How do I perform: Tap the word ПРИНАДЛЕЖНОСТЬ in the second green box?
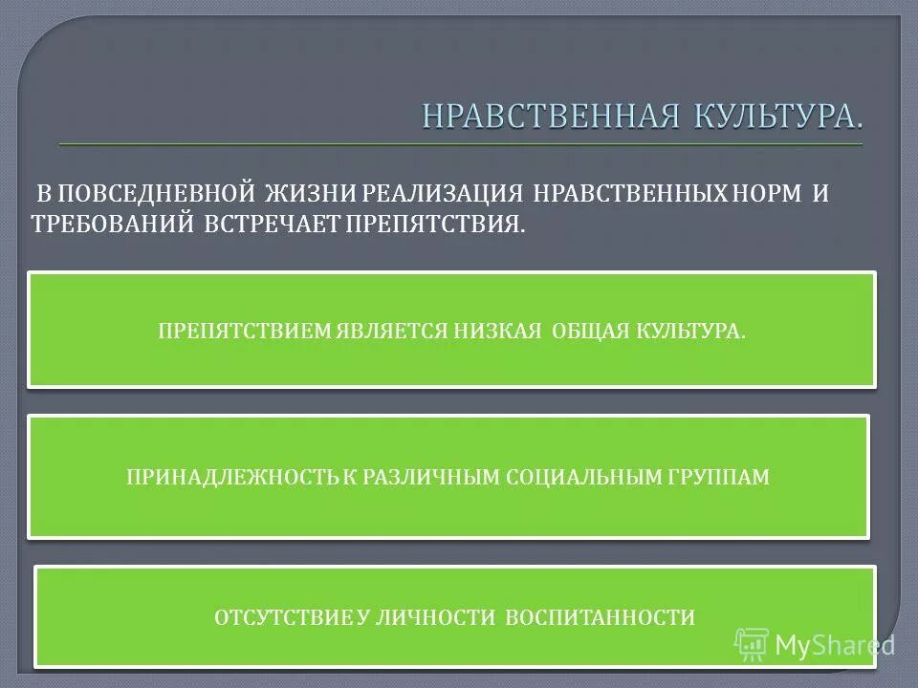[232, 477]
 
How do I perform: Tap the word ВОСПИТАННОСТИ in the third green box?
[600, 617]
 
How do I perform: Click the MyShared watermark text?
[834, 645]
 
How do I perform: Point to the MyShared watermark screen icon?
[753, 645]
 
